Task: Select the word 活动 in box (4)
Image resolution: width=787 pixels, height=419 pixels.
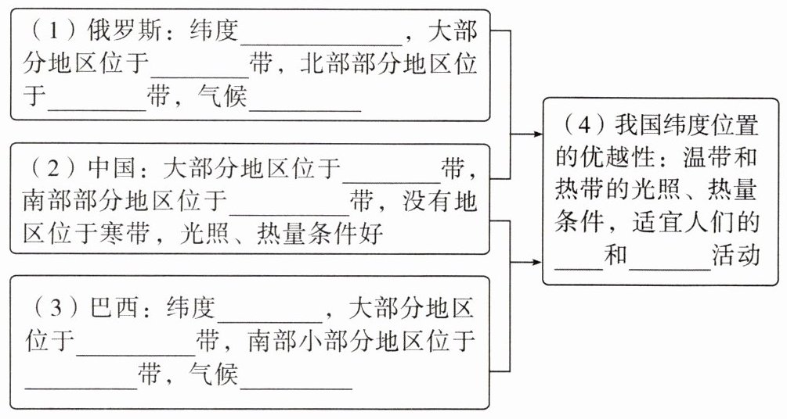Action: tap(736, 255)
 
